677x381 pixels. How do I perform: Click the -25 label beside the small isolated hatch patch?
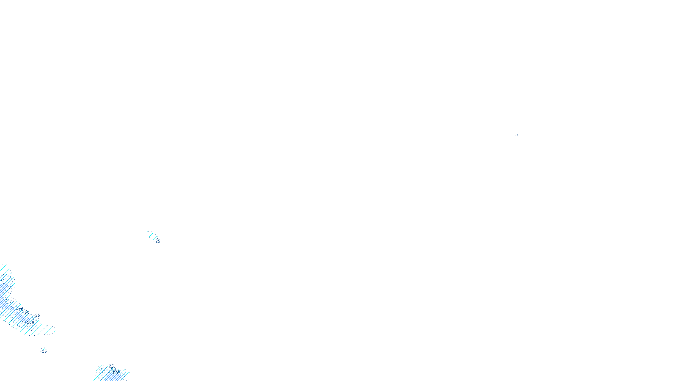[x=157, y=241]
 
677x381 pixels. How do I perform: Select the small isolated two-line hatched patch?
[x=152, y=235]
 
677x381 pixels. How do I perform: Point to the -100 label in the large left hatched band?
[x=30, y=323]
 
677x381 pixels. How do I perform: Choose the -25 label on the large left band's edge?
[x=37, y=315]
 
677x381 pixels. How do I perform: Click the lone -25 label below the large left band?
[x=44, y=351]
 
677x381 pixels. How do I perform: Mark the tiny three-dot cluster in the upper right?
[x=516, y=135]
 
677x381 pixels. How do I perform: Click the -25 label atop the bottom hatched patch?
[x=111, y=366]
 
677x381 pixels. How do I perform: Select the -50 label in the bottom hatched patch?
[x=113, y=369]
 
